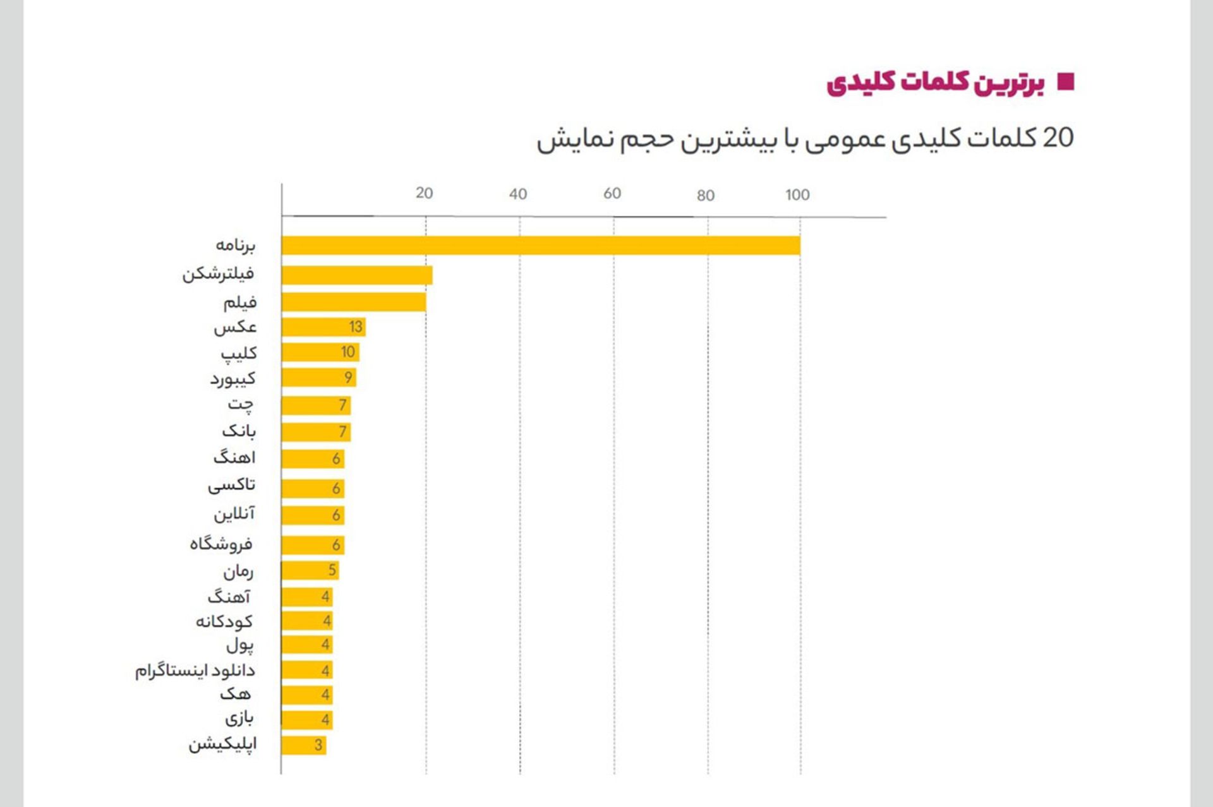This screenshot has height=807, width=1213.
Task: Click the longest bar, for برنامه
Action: [x=541, y=246]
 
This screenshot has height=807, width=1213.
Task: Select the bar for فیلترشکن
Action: [x=357, y=275]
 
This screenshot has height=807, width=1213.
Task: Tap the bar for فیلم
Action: [x=354, y=302]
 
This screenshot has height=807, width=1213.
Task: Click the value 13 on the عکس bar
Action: [x=356, y=327]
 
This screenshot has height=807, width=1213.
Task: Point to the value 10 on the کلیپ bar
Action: [x=348, y=352]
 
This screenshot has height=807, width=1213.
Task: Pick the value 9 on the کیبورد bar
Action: [x=348, y=378]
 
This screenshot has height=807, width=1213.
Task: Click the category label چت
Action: [x=241, y=404]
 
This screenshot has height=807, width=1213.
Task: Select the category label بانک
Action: [x=239, y=431]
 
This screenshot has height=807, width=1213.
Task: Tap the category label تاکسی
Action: [x=232, y=485]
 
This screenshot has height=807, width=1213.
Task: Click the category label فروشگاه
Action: [x=221, y=544]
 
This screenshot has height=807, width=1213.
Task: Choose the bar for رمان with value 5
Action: [x=310, y=571]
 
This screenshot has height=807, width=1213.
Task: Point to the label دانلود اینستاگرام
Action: [x=195, y=671]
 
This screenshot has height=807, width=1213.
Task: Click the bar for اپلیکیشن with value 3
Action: [x=304, y=745]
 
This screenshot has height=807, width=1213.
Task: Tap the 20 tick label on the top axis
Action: [x=425, y=193]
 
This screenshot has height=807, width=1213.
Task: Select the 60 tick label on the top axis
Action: [x=612, y=193]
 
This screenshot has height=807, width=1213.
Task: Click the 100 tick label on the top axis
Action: [x=797, y=195]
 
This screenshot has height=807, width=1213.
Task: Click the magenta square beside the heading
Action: [x=1066, y=82]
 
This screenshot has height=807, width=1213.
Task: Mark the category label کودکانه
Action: [x=224, y=622]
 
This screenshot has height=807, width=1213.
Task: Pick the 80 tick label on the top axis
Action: [x=706, y=196]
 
